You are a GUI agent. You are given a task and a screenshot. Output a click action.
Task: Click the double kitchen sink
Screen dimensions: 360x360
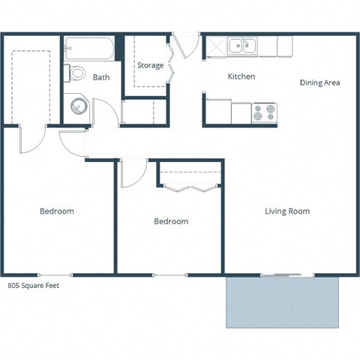coord(242,46)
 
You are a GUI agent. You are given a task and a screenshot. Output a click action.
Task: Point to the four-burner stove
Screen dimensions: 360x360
coord(264,112)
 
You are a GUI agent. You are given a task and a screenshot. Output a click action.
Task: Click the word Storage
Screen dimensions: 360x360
coord(150,65)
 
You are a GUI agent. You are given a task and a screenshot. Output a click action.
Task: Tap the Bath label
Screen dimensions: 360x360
coord(101,77)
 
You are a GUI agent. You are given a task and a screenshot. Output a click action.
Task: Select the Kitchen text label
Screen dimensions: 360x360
coord(241,76)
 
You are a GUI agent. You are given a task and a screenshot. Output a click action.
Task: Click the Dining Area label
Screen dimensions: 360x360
coord(320,82)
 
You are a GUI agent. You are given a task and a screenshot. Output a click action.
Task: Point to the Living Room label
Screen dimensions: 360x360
coord(287,211)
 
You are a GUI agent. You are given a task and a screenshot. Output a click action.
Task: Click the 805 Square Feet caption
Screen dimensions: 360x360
coord(33,286)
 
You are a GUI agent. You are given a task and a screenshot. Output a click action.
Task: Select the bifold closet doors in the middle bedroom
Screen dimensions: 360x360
coord(190,187)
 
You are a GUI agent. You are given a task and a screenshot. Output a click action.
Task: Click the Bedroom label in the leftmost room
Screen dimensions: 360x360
coord(57,211)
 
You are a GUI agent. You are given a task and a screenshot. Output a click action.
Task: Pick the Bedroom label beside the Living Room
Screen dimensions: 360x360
coord(171,221)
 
